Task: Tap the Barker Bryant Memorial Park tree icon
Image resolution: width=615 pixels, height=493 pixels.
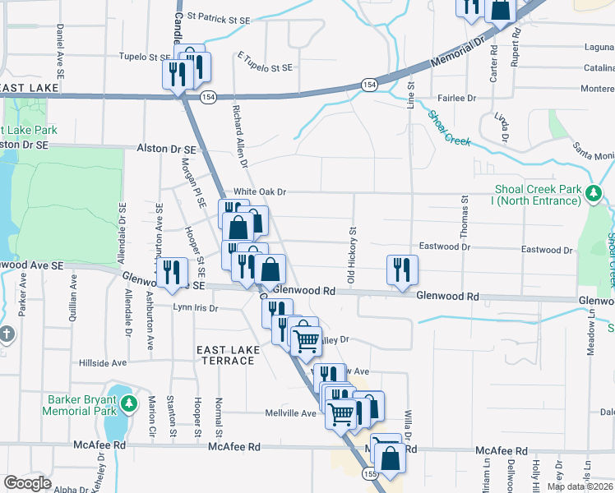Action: pyautogui.click(x=129, y=404)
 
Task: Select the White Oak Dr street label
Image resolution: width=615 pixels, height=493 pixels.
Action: pyautogui.click(x=259, y=191)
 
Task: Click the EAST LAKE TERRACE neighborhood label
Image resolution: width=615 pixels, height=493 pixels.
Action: pyautogui.click(x=229, y=356)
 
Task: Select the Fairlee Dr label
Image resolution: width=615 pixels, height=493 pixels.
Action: pyautogui.click(x=458, y=98)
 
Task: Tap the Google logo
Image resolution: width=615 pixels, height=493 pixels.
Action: pyautogui.click(x=27, y=482)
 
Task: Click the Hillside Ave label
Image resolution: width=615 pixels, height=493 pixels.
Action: pyautogui.click(x=103, y=362)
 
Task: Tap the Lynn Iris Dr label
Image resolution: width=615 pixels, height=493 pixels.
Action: pyautogui.click(x=195, y=308)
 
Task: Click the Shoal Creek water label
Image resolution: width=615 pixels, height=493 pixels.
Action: pyautogui.click(x=448, y=128)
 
